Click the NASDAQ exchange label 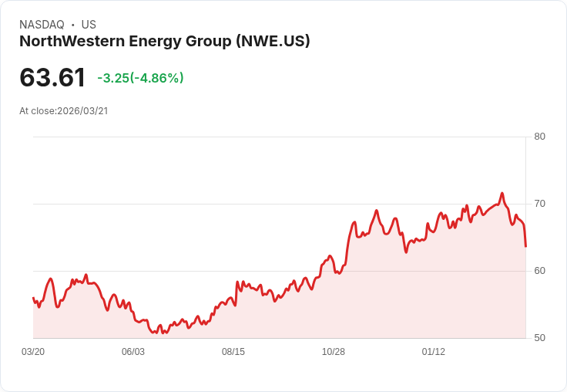click(x=42, y=25)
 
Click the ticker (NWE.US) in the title click(x=273, y=42)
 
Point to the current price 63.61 click(x=52, y=78)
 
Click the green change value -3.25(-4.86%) click(x=140, y=78)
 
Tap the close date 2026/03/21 click(x=82, y=111)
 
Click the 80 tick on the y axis click(x=540, y=137)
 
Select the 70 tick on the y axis click(x=540, y=204)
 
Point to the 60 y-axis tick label click(x=540, y=271)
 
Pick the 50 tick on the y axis click(x=540, y=338)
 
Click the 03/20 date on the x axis click(x=33, y=352)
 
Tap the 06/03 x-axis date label click(x=133, y=352)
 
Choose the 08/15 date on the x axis click(x=233, y=352)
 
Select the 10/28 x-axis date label click(x=334, y=352)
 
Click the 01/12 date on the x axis click(x=434, y=352)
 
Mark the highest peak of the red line click(x=502, y=194)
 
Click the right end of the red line click(x=525, y=246)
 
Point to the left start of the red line click(x=33, y=298)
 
